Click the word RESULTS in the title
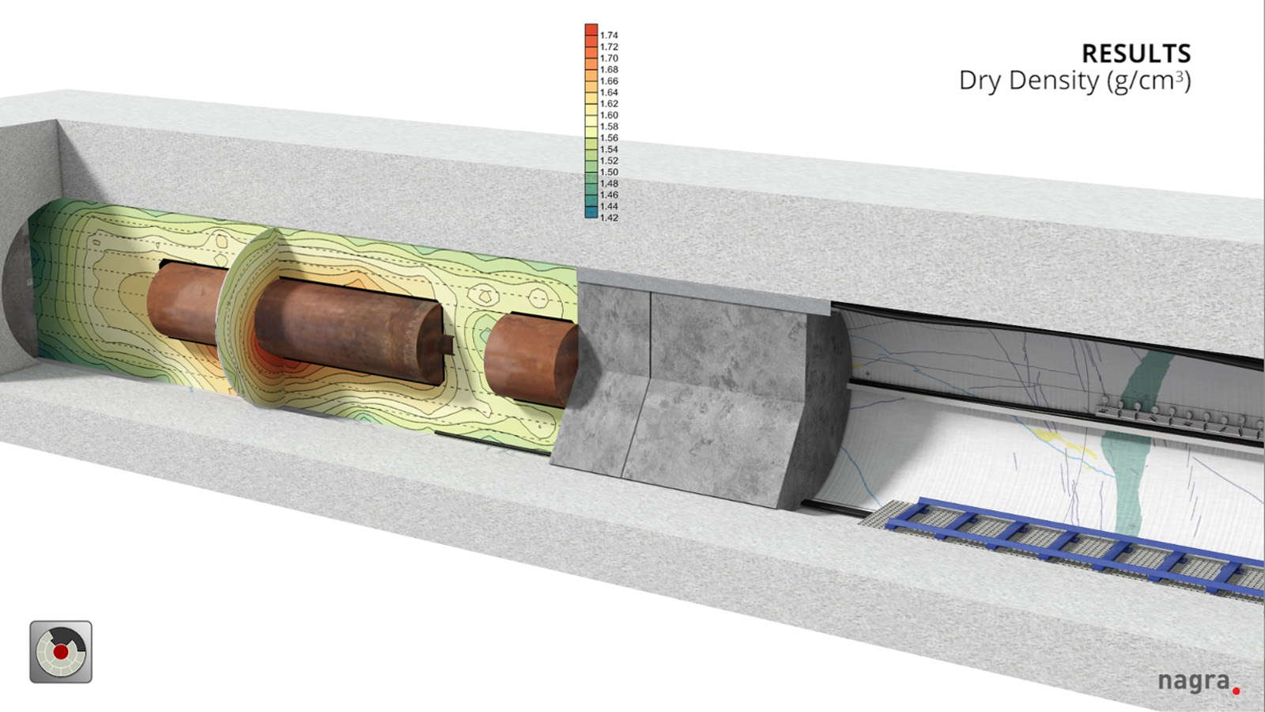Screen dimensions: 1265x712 (x=1136, y=54)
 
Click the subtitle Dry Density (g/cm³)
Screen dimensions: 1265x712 (x=1075, y=81)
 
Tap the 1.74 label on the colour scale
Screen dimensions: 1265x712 (x=609, y=36)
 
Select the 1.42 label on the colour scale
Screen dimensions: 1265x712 (x=609, y=218)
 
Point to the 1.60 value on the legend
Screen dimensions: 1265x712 (x=609, y=116)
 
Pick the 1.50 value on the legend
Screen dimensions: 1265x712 (x=609, y=172)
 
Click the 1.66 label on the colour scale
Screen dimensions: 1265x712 (x=609, y=81)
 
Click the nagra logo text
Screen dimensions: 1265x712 (x=1193, y=682)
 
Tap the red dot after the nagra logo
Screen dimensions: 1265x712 (x=1237, y=691)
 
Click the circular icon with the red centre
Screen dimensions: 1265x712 (x=61, y=652)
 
